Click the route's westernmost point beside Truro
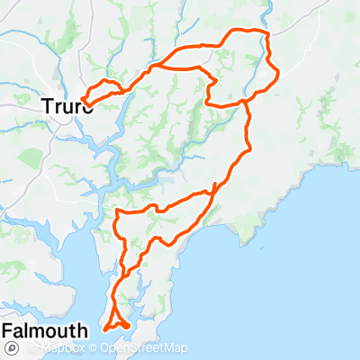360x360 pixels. [x=83, y=100]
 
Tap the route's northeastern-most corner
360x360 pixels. [x=267, y=33]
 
